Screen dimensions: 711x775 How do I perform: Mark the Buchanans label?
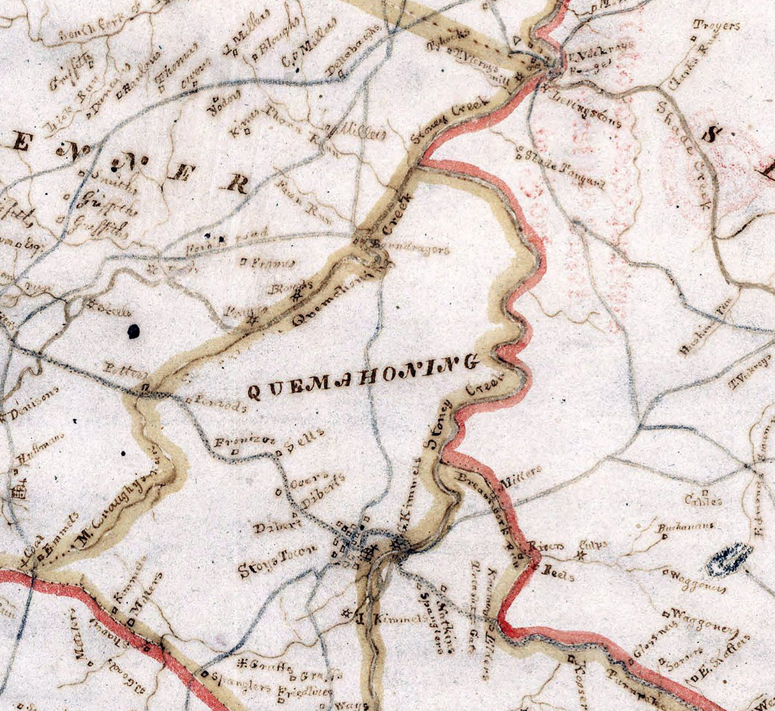[686, 528]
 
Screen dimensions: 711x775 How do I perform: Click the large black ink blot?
[133, 330]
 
